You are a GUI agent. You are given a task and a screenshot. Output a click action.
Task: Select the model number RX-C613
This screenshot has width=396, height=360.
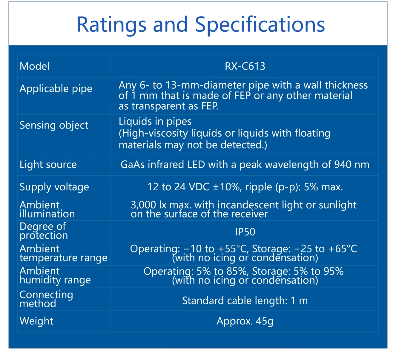point(245,66)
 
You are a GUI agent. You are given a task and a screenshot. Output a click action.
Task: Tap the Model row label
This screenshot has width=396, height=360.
point(34,66)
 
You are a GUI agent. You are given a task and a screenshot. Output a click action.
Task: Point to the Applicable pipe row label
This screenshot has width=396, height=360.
point(56,88)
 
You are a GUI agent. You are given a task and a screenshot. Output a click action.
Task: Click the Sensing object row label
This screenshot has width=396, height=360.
point(54,125)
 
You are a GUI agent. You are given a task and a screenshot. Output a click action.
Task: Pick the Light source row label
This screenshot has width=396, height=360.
point(48,164)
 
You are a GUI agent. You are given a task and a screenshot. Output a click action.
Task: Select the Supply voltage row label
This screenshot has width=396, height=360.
point(54,187)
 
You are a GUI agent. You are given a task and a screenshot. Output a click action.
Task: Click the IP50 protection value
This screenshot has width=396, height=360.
point(245,232)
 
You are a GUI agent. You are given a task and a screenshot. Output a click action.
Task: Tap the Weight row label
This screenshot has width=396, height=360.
point(36,321)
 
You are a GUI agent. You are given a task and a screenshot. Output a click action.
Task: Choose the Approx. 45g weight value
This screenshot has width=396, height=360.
point(245,321)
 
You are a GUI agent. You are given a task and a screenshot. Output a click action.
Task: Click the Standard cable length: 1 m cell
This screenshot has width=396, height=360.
point(245,301)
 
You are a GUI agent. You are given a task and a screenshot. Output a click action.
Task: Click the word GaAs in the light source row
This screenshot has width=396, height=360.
point(133,164)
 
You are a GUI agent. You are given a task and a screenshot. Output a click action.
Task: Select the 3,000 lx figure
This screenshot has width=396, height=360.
point(148,205)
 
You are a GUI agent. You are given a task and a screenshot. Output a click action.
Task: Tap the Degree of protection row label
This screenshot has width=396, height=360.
point(44,231)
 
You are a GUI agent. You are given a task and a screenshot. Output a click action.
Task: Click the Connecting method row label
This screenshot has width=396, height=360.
point(46,299)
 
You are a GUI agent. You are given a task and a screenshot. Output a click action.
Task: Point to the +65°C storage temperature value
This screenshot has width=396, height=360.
point(343,249)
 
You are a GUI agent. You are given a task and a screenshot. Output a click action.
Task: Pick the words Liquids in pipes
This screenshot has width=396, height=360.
point(155,121)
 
